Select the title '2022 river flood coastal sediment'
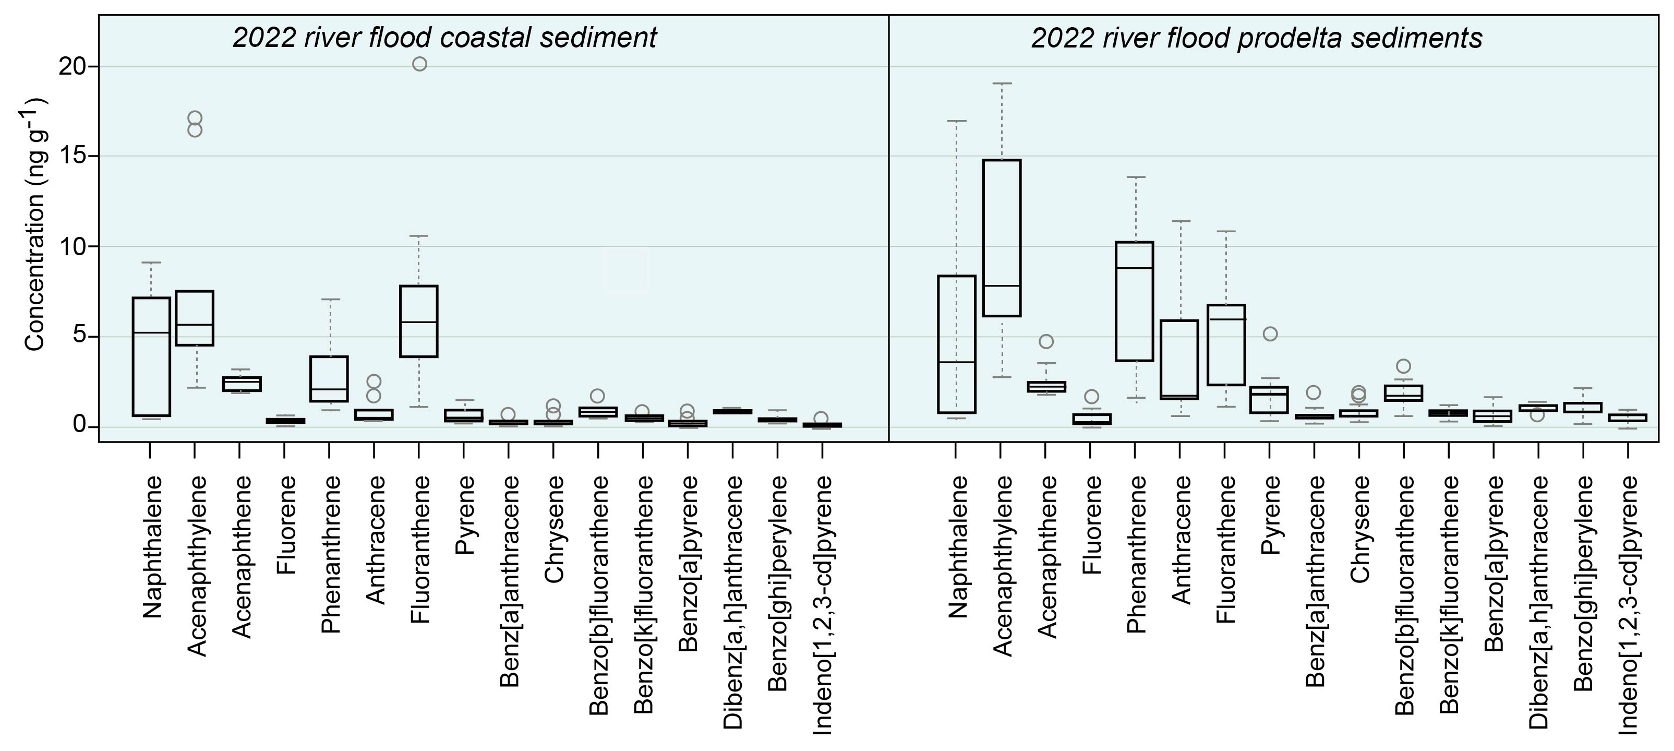pyautogui.click(x=445, y=38)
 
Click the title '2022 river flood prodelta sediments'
pyautogui.click(x=1256, y=38)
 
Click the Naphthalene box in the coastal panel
pyautogui.click(x=151, y=356)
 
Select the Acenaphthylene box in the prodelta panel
pyautogui.click(x=1002, y=238)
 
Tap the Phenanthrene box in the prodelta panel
pyautogui.click(x=1134, y=301)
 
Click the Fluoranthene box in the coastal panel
pyautogui.click(x=418, y=321)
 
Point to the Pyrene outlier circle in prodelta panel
pyautogui.click(x=1270, y=334)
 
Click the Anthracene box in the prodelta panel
pyautogui.click(x=1179, y=360)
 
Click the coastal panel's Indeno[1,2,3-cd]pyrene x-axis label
pyautogui.click(x=822, y=605)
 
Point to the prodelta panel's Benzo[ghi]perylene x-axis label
pyautogui.click(x=1584, y=583)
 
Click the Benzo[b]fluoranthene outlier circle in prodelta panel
pyautogui.click(x=1404, y=366)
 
